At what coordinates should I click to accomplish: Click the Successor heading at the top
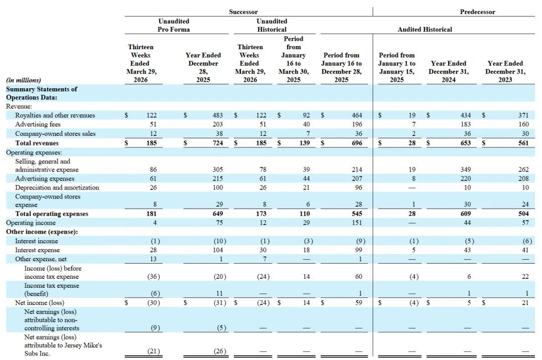[x=243, y=12]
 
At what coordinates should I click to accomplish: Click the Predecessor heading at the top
[x=477, y=12]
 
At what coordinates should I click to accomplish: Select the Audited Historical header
[x=425, y=30]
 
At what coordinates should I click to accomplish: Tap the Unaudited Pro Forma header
[x=174, y=25]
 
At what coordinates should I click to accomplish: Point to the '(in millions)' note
[x=24, y=80]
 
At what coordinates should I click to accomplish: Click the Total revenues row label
[x=37, y=143]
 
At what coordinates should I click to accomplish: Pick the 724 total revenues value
[x=218, y=143]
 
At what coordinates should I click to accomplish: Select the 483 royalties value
[x=218, y=115]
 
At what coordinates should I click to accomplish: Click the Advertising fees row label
[x=38, y=124]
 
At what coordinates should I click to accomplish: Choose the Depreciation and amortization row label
[x=57, y=188]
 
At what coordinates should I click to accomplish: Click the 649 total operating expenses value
[x=218, y=214]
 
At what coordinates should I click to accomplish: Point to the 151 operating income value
[x=357, y=223]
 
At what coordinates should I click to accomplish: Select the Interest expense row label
[x=37, y=250]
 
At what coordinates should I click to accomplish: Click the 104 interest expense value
[x=218, y=250]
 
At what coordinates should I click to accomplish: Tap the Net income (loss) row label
[x=40, y=303]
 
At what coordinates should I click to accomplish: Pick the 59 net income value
[x=359, y=303]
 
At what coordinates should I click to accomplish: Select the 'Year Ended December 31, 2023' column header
[x=505, y=72]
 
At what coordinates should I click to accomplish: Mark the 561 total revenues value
[x=523, y=143]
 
